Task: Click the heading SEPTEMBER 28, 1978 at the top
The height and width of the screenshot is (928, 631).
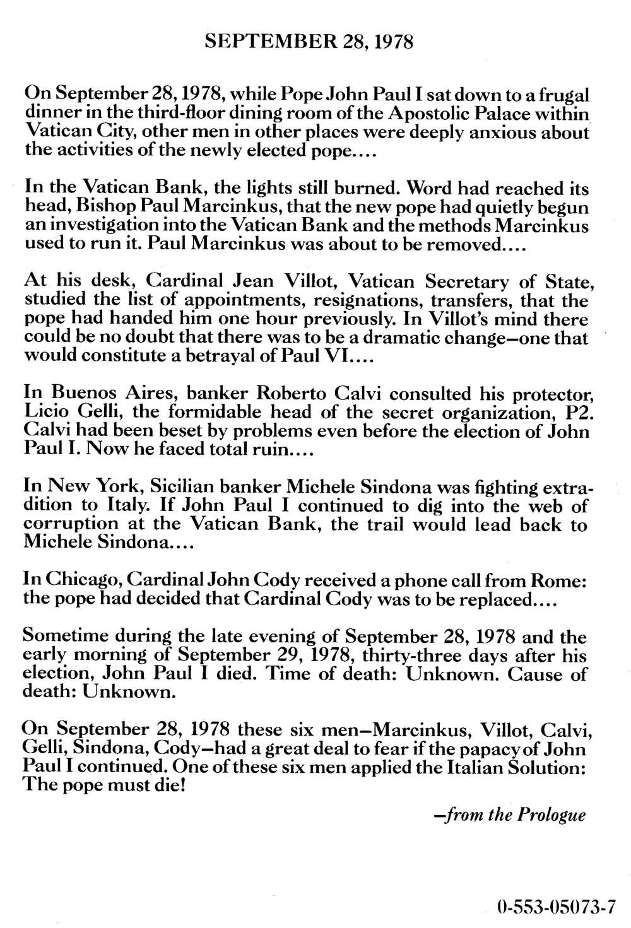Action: [x=310, y=43]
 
